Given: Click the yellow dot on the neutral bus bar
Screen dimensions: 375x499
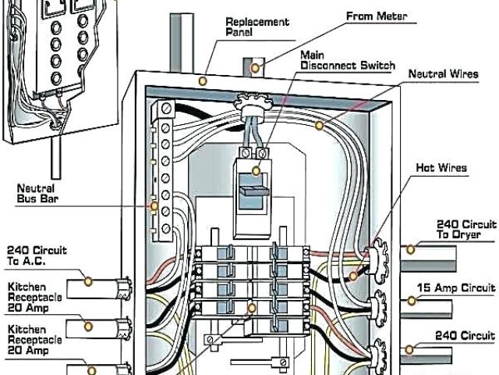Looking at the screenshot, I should [x=154, y=207].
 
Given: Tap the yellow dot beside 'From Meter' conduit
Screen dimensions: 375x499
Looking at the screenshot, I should [x=253, y=70].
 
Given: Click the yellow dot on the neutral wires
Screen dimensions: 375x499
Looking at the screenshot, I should [x=319, y=123].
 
